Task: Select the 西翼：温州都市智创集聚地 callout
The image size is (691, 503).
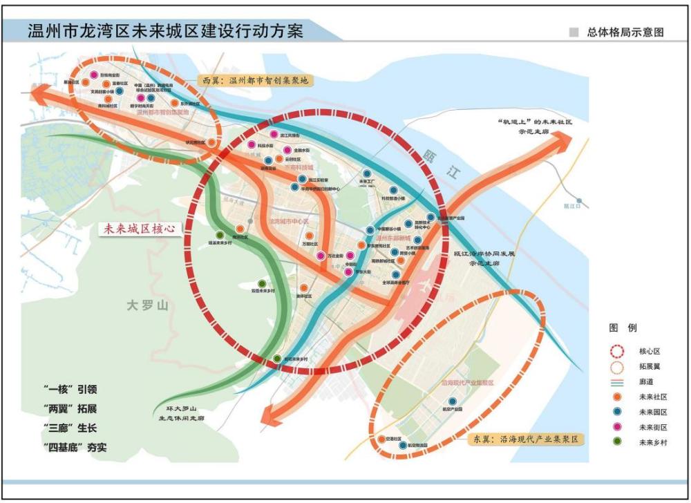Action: point(254,80)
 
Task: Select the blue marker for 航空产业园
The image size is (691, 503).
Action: point(453,401)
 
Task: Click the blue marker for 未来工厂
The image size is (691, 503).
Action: point(366,174)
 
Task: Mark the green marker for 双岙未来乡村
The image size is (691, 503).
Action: point(262,283)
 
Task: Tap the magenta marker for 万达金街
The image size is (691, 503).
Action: point(321,256)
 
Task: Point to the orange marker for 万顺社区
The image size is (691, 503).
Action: point(309,236)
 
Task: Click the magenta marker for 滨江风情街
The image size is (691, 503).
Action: point(274,134)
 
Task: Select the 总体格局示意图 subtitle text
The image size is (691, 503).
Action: point(625,32)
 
